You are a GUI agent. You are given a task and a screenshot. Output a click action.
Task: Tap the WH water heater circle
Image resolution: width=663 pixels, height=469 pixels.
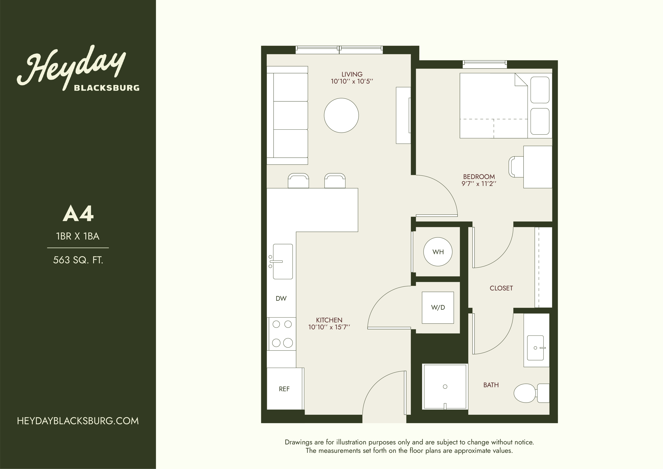[x=438, y=252]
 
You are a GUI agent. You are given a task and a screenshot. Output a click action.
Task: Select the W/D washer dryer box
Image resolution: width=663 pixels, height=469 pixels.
[x=438, y=308]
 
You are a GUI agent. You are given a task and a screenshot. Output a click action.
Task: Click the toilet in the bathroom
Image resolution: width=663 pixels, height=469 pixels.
[x=531, y=393]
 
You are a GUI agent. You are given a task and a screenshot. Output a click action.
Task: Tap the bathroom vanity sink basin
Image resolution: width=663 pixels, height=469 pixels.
[x=535, y=348]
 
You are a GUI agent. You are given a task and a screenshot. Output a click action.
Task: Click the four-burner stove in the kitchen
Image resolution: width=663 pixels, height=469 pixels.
[x=282, y=334]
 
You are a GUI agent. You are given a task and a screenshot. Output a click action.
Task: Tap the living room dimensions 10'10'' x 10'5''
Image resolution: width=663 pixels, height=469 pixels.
[x=352, y=81]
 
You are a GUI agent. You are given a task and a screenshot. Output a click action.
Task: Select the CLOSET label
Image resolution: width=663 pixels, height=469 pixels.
[x=501, y=288]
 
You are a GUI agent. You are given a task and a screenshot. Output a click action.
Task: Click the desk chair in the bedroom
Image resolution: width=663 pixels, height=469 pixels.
[x=516, y=167]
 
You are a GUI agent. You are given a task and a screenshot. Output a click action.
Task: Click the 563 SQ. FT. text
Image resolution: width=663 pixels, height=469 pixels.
[x=78, y=260]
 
